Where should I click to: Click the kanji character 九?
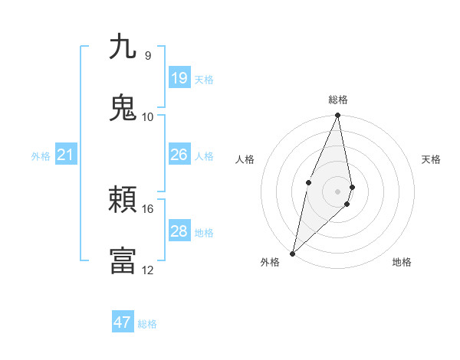tap(123, 47)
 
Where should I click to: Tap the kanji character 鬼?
tap(123, 108)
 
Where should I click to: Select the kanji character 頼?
tap(123, 201)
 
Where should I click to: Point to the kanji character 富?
tap(123, 260)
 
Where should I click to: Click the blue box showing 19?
tap(179, 78)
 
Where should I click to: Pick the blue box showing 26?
tap(179, 155)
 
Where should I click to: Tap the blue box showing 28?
tap(179, 231)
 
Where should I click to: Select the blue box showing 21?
tap(65, 155)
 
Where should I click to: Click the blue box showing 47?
tap(123, 322)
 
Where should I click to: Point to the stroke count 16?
tap(148, 208)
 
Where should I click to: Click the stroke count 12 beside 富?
tap(148, 270)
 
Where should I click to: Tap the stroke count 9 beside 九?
tap(148, 55)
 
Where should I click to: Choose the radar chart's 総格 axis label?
tap(338, 100)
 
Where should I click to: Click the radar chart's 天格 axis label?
tap(432, 159)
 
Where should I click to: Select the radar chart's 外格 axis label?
tap(270, 262)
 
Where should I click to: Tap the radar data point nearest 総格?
tap(338, 116)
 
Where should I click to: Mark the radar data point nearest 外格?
tap(292, 253)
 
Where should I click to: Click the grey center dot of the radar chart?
tap(338, 191)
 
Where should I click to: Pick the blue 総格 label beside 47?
tap(147, 324)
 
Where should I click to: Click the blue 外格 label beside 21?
tap(41, 156)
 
